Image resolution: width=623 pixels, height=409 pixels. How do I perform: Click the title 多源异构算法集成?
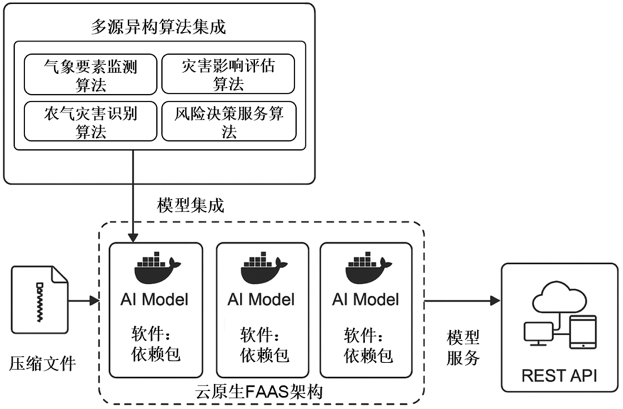(x=158, y=27)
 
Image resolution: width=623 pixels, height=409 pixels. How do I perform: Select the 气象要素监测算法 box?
(x=90, y=74)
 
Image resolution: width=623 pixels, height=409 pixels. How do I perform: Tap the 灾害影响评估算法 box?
(x=228, y=74)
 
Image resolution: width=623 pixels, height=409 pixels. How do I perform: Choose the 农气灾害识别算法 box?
(x=90, y=121)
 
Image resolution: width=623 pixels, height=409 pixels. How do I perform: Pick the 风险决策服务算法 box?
(x=229, y=121)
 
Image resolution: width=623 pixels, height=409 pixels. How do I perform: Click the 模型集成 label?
(x=190, y=205)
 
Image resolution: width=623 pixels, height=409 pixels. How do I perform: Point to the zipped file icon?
(x=40, y=300)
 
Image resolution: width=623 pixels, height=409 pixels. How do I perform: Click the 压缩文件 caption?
(x=43, y=364)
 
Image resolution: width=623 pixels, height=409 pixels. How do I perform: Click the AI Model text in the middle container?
(x=261, y=300)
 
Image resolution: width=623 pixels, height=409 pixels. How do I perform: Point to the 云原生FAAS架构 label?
(x=259, y=392)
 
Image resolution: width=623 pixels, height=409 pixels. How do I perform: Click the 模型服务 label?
(x=463, y=348)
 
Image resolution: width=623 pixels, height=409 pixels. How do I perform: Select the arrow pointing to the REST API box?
(x=462, y=301)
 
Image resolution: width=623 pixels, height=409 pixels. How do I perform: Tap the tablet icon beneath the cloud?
(x=583, y=332)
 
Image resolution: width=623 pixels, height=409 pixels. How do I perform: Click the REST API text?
(x=559, y=376)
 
